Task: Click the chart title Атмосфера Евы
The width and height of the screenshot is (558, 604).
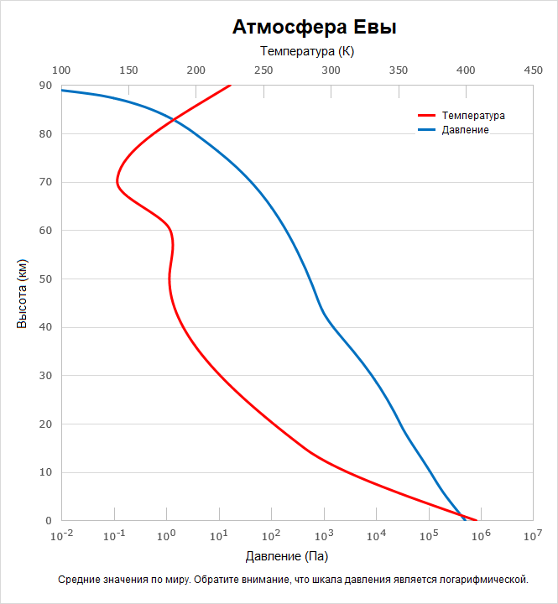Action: tap(314, 28)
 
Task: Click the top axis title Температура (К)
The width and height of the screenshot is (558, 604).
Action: tap(307, 52)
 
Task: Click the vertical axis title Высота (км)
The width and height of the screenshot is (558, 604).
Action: tap(22, 294)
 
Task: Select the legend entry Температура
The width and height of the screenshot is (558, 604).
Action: tap(473, 116)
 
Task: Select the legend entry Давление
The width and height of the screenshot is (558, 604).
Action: tap(465, 130)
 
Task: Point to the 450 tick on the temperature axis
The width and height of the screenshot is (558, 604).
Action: tap(533, 71)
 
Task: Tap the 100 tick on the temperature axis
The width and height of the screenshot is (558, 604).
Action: tap(61, 71)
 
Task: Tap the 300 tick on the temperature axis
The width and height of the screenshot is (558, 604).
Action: tap(331, 71)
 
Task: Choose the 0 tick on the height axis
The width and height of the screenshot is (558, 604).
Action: tap(49, 520)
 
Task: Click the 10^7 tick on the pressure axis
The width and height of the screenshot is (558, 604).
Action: tap(533, 535)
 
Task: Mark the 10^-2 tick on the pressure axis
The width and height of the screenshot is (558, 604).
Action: tap(61, 535)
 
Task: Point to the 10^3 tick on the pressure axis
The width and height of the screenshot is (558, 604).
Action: tap(324, 535)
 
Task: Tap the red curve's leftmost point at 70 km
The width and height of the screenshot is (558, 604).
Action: tap(117, 182)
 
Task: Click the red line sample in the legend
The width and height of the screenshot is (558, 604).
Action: tap(427, 116)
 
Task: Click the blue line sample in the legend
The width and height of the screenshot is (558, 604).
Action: tap(427, 130)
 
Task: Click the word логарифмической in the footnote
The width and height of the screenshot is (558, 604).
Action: tap(480, 580)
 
